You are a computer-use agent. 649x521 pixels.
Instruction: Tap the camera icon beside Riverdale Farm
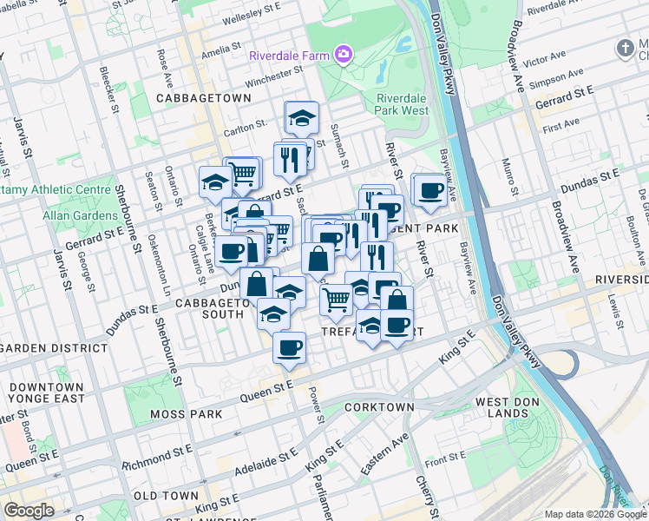coord(344,55)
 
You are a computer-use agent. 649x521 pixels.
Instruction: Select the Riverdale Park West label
coord(403,104)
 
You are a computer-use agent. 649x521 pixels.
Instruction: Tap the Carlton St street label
coord(244,127)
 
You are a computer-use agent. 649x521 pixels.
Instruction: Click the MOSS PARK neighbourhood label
coord(186,414)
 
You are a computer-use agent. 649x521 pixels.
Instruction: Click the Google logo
coord(29,511)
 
